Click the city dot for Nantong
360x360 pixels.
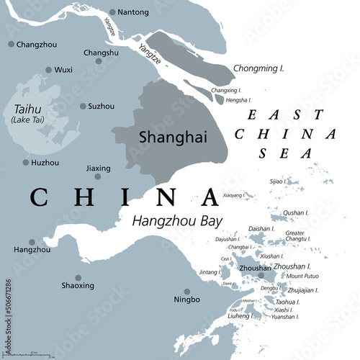pos(112,12)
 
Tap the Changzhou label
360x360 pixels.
pos(37,45)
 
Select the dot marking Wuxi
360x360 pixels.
pos(49,70)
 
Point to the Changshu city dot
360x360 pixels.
pos(98,66)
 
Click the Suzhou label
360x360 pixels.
pos(101,106)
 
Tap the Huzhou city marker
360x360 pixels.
pos(26,163)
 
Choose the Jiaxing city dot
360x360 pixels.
pos(98,176)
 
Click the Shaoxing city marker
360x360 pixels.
pos(78,277)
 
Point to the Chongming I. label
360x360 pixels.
pos(258,68)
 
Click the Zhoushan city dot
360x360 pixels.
pos(261,275)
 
